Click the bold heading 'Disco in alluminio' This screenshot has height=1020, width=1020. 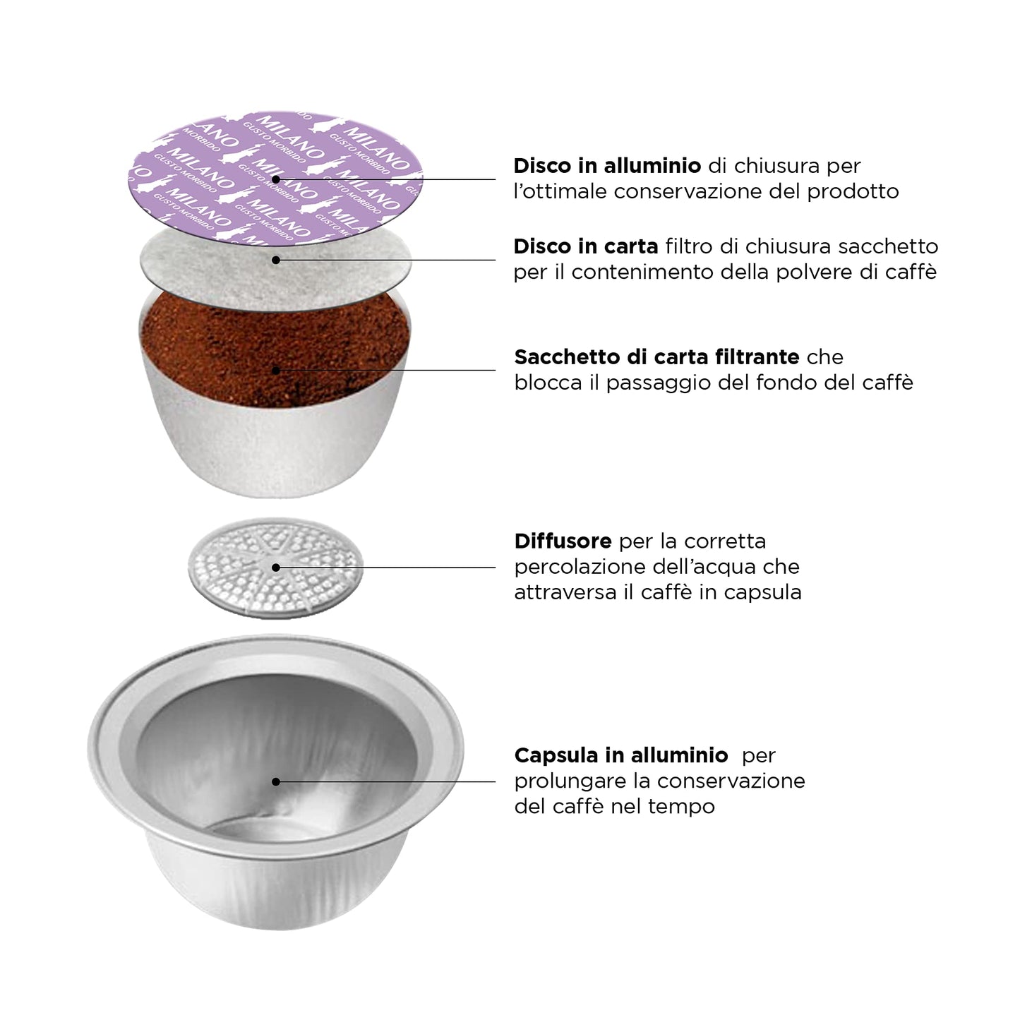pos(607,166)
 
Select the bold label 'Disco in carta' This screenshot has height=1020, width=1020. pos(585,246)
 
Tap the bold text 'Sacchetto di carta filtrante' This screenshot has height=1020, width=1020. pos(656,356)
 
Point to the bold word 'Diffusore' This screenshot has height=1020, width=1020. pos(563,541)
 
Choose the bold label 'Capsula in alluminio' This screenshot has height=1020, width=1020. pos(621,755)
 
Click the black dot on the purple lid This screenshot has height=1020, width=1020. pos(276,179)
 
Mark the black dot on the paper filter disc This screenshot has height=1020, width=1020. pos(276,260)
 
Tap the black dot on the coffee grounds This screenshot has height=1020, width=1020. pos(276,371)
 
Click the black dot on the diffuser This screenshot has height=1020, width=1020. pos(276,568)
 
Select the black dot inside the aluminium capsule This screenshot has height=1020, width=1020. pos(276,782)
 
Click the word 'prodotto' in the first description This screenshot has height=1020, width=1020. pos(853,191)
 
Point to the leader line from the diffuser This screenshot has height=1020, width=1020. pos(386,568)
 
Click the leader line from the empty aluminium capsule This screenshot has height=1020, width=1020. pos(386,782)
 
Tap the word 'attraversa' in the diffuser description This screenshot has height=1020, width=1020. pos(566,592)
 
